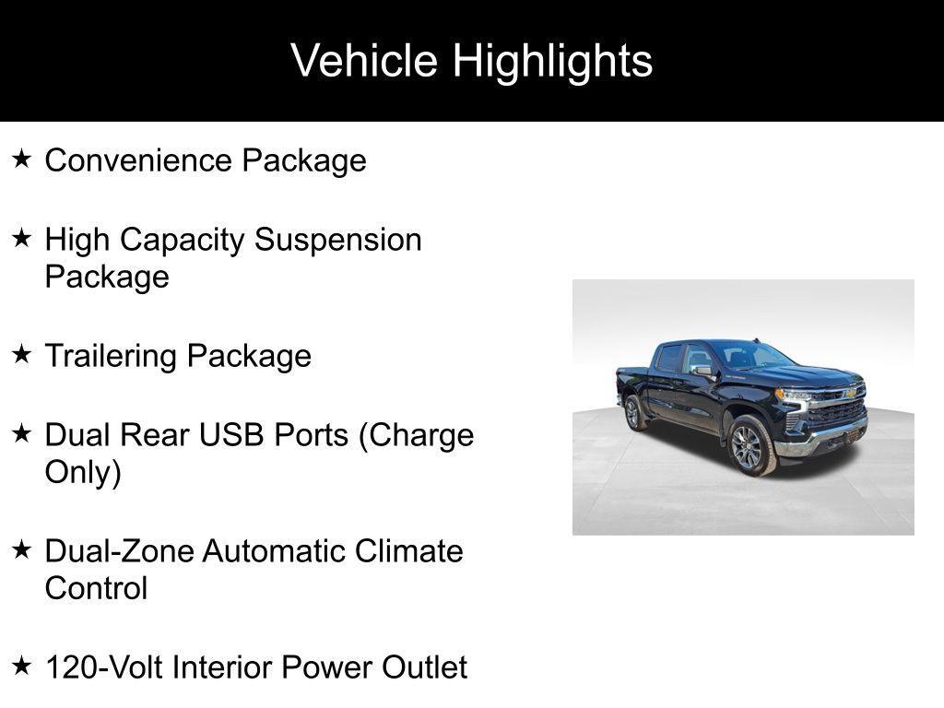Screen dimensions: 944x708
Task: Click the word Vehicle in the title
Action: [x=364, y=60]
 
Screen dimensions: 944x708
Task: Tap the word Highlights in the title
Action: [x=553, y=62]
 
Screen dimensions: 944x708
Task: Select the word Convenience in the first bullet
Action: [x=138, y=160]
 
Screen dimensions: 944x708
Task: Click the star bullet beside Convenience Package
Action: [x=22, y=159]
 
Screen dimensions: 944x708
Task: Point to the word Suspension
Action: [x=337, y=241]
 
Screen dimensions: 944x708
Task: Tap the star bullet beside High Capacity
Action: [x=22, y=239]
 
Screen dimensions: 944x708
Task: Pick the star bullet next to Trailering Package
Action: [x=22, y=355]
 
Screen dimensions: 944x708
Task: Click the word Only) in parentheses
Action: [x=83, y=473]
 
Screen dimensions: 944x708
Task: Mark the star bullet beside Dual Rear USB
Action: [x=22, y=433]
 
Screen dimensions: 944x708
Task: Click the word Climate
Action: [x=408, y=551]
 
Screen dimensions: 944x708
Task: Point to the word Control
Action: [x=96, y=588]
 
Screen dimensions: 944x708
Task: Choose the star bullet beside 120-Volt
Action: [x=22, y=666]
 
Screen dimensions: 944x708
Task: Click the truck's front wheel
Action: [x=750, y=446]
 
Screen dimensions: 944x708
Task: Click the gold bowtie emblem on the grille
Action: [x=850, y=394]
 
